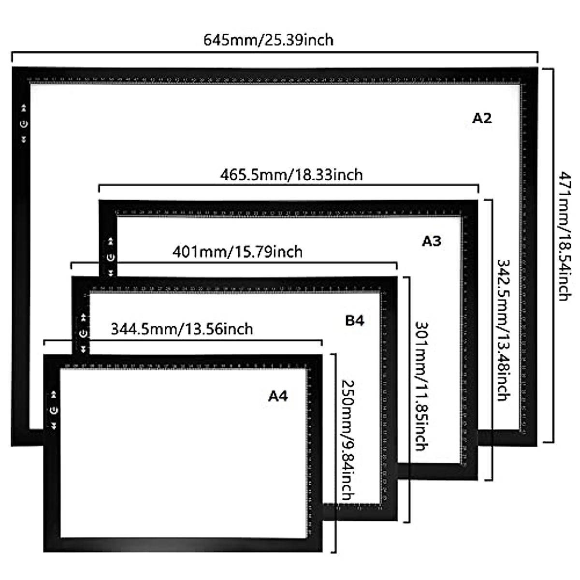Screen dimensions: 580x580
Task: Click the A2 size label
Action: [481, 118]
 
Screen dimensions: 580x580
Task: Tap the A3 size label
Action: [432, 241]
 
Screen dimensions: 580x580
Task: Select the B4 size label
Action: [354, 320]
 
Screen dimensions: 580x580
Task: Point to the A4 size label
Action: [278, 396]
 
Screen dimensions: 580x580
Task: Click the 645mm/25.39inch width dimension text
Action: [268, 40]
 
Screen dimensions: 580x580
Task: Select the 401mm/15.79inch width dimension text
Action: [237, 251]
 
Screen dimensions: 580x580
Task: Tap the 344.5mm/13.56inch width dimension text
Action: [182, 329]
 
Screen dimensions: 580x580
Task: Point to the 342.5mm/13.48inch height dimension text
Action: [503, 330]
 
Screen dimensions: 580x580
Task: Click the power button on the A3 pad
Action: [111, 257]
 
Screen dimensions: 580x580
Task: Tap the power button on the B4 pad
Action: [84, 333]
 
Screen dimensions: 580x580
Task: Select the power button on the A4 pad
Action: [54, 410]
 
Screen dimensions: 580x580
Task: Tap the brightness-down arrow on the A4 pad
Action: [54, 426]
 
